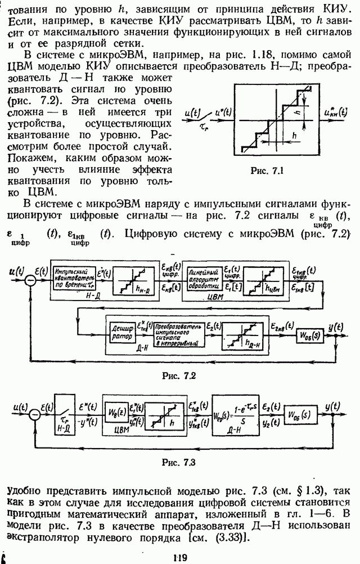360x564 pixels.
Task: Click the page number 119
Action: tap(180, 557)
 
